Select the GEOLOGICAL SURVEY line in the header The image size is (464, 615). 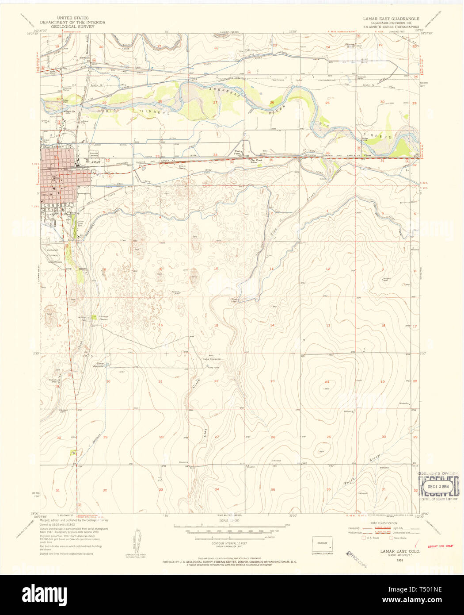coord(72,27)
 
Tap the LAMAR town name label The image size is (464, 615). coord(95,162)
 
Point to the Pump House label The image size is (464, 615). coord(214,367)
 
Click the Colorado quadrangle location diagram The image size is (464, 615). coord(323,544)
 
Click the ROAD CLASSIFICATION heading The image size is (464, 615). coord(384,523)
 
